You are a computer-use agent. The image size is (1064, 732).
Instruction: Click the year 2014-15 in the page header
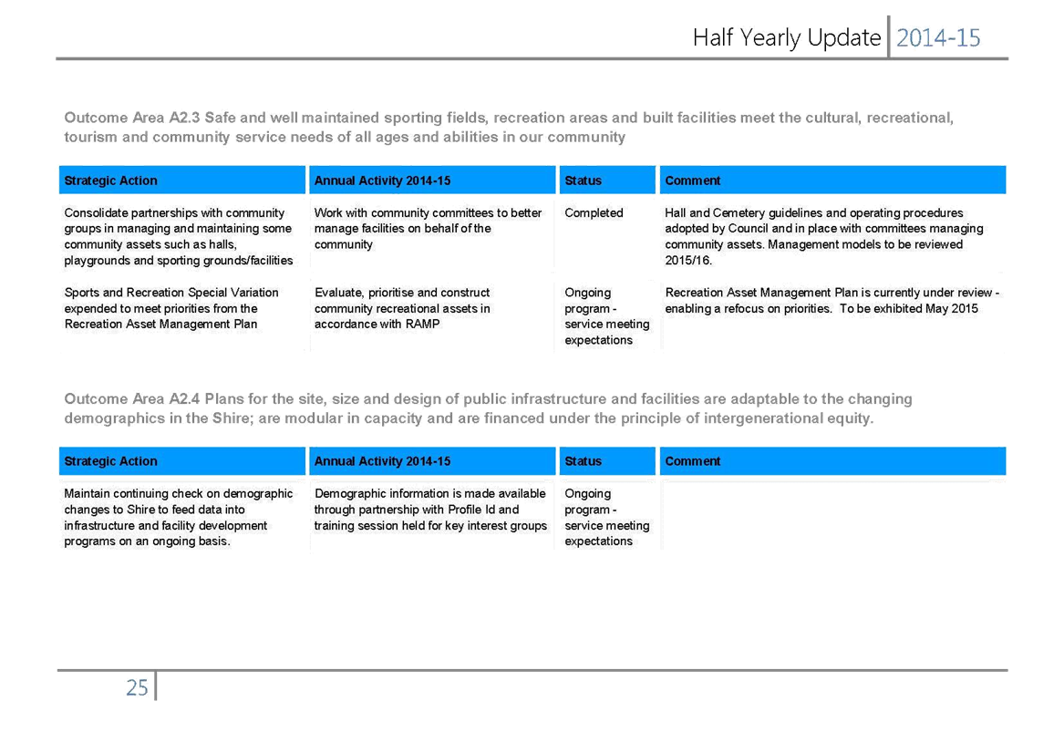click(x=938, y=38)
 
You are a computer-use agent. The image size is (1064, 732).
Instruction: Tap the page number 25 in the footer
click(x=137, y=688)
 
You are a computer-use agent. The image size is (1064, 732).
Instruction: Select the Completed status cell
click(x=594, y=213)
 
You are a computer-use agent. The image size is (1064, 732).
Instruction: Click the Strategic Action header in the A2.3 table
click(x=110, y=180)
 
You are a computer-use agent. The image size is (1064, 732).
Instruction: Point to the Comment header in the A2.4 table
click(x=692, y=461)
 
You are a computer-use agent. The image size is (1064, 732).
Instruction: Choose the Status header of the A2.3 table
click(x=583, y=180)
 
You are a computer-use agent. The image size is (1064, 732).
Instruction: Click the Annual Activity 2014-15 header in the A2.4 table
click(x=382, y=461)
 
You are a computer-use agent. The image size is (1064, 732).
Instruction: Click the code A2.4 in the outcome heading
click(x=184, y=399)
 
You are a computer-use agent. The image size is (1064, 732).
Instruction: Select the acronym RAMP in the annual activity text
click(x=422, y=325)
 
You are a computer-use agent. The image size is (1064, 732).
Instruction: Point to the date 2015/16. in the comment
click(x=688, y=261)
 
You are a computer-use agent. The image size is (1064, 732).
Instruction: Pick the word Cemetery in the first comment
click(x=739, y=213)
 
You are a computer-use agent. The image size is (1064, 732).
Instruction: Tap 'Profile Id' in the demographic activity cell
click(x=471, y=510)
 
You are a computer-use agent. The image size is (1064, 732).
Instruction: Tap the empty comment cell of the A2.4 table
click(x=832, y=516)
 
